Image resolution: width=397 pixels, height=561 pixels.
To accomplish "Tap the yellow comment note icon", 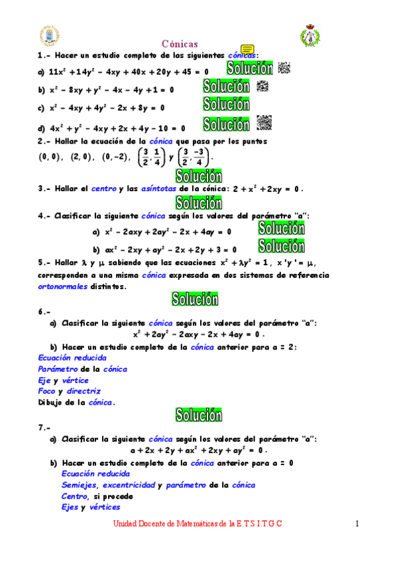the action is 248,50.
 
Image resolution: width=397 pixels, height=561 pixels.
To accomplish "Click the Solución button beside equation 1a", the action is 250,68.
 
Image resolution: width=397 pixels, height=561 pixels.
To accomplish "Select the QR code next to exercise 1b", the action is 262,85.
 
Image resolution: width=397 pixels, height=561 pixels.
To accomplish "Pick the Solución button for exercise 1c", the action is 226,104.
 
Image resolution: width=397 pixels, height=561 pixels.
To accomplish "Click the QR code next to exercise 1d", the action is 264,122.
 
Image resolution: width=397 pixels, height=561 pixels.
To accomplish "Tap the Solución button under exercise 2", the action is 198,176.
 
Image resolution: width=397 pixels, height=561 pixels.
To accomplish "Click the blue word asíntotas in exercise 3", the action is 159,189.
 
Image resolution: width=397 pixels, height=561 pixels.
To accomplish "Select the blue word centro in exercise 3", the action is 103,189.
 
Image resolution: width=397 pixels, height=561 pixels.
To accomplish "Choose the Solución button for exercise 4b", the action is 281,246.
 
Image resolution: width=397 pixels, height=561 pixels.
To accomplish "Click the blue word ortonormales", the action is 63,287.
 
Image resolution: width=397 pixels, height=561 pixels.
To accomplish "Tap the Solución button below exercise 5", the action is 195,299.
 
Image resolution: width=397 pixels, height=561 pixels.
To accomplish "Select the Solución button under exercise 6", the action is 198,415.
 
